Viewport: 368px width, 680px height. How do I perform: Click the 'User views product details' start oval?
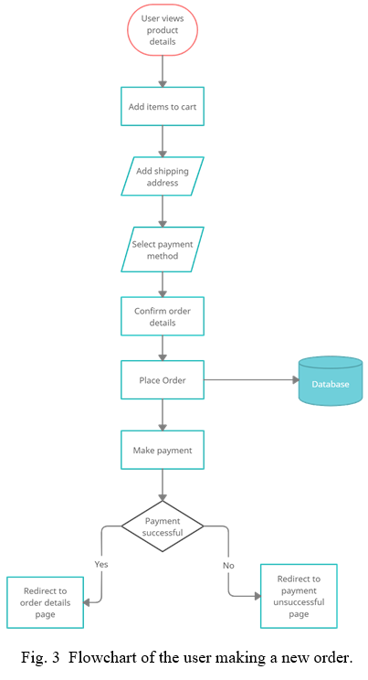(x=163, y=30)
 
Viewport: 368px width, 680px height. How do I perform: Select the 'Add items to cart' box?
(x=163, y=106)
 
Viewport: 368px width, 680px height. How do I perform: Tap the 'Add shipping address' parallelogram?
(x=163, y=176)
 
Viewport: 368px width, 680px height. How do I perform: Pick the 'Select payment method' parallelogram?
(x=163, y=250)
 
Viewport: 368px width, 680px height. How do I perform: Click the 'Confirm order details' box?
(x=163, y=316)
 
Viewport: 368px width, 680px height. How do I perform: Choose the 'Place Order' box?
(x=163, y=380)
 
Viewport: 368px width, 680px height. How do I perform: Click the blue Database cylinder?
(x=331, y=381)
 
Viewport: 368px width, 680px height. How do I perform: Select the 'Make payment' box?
(x=163, y=450)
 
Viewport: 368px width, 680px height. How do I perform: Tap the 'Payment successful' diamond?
(x=163, y=526)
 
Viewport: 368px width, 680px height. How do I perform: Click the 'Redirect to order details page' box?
(x=45, y=602)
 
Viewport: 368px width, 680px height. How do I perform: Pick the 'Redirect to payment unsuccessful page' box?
(x=299, y=596)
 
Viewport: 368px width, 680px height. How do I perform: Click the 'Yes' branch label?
(x=101, y=564)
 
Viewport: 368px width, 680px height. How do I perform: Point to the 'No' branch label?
(x=228, y=566)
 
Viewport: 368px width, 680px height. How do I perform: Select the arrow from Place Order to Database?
(x=251, y=380)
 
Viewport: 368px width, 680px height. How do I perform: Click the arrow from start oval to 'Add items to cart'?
(x=163, y=71)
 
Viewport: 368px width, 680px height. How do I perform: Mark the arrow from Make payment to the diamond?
(x=163, y=484)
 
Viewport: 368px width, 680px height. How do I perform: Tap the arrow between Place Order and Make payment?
(x=163, y=415)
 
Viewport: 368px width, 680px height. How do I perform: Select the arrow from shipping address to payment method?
(x=163, y=212)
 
